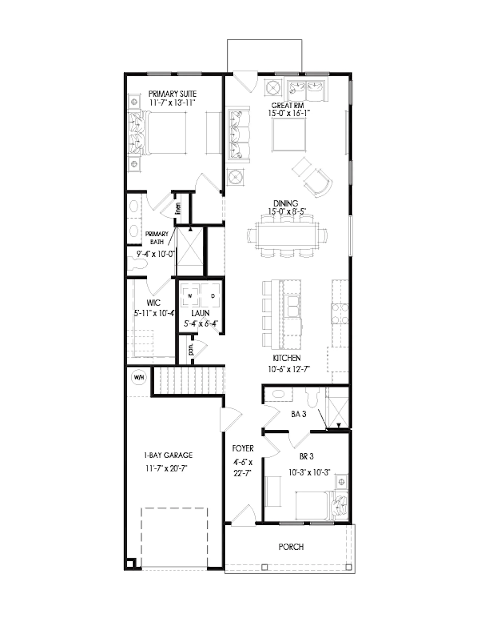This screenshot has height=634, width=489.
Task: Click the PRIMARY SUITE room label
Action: [x=172, y=94]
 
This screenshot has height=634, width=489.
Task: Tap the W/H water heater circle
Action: [x=139, y=378]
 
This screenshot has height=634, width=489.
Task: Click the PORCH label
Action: [x=291, y=547]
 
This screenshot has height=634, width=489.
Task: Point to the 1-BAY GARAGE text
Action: [x=168, y=455]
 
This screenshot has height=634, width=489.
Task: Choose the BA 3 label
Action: [x=298, y=414]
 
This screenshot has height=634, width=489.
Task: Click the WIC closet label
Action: [x=153, y=303]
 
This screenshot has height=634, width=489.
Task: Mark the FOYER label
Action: [x=243, y=449]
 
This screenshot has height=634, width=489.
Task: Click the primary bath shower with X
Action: [x=190, y=251]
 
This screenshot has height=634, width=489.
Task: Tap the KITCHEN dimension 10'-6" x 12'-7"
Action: [x=289, y=369]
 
